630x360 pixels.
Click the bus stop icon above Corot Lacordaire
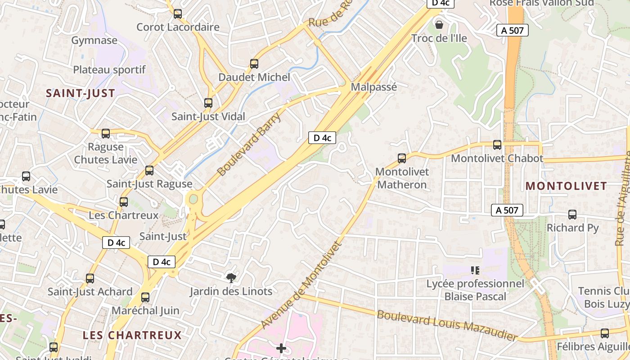click(178, 14)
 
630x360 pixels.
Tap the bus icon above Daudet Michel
click(254, 64)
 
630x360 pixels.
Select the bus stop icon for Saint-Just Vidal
click(208, 103)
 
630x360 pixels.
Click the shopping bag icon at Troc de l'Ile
click(439, 24)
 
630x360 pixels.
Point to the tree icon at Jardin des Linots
click(231, 278)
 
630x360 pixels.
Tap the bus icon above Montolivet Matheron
click(402, 158)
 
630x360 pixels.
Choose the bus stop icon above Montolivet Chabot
click(497, 145)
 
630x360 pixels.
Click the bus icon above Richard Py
click(572, 215)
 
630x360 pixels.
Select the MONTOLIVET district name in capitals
click(566, 186)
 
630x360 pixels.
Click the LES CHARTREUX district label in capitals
click(132, 335)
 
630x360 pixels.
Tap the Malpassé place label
click(374, 87)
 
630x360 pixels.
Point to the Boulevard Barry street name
click(249, 144)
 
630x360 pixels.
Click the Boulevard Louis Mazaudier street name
click(447, 325)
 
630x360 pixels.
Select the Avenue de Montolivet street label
click(301, 285)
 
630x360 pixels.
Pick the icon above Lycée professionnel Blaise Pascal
click(475, 270)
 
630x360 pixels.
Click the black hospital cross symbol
click(281, 348)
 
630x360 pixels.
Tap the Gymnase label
click(94, 40)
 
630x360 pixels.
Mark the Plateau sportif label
click(109, 70)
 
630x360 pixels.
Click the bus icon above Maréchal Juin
click(145, 297)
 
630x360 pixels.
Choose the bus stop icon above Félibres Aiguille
click(605, 333)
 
